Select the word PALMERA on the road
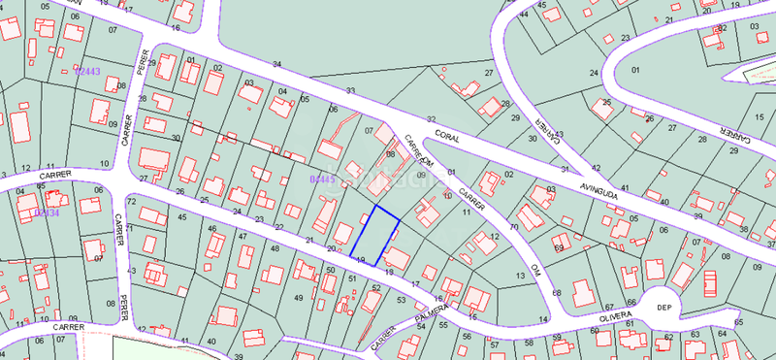[x=432, y=314]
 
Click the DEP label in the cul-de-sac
[x=664, y=307]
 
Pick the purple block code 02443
[x=88, y=72]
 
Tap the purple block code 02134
[x=48, y=213]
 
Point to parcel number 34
[x=277, y=64]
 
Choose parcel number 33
[x=350, y=90]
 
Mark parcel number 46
[x=212, y=228]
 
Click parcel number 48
[x=275, y=248]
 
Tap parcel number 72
[x=130, y=199]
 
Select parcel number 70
[x=513, y=227]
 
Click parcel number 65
[x=738, y=321]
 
